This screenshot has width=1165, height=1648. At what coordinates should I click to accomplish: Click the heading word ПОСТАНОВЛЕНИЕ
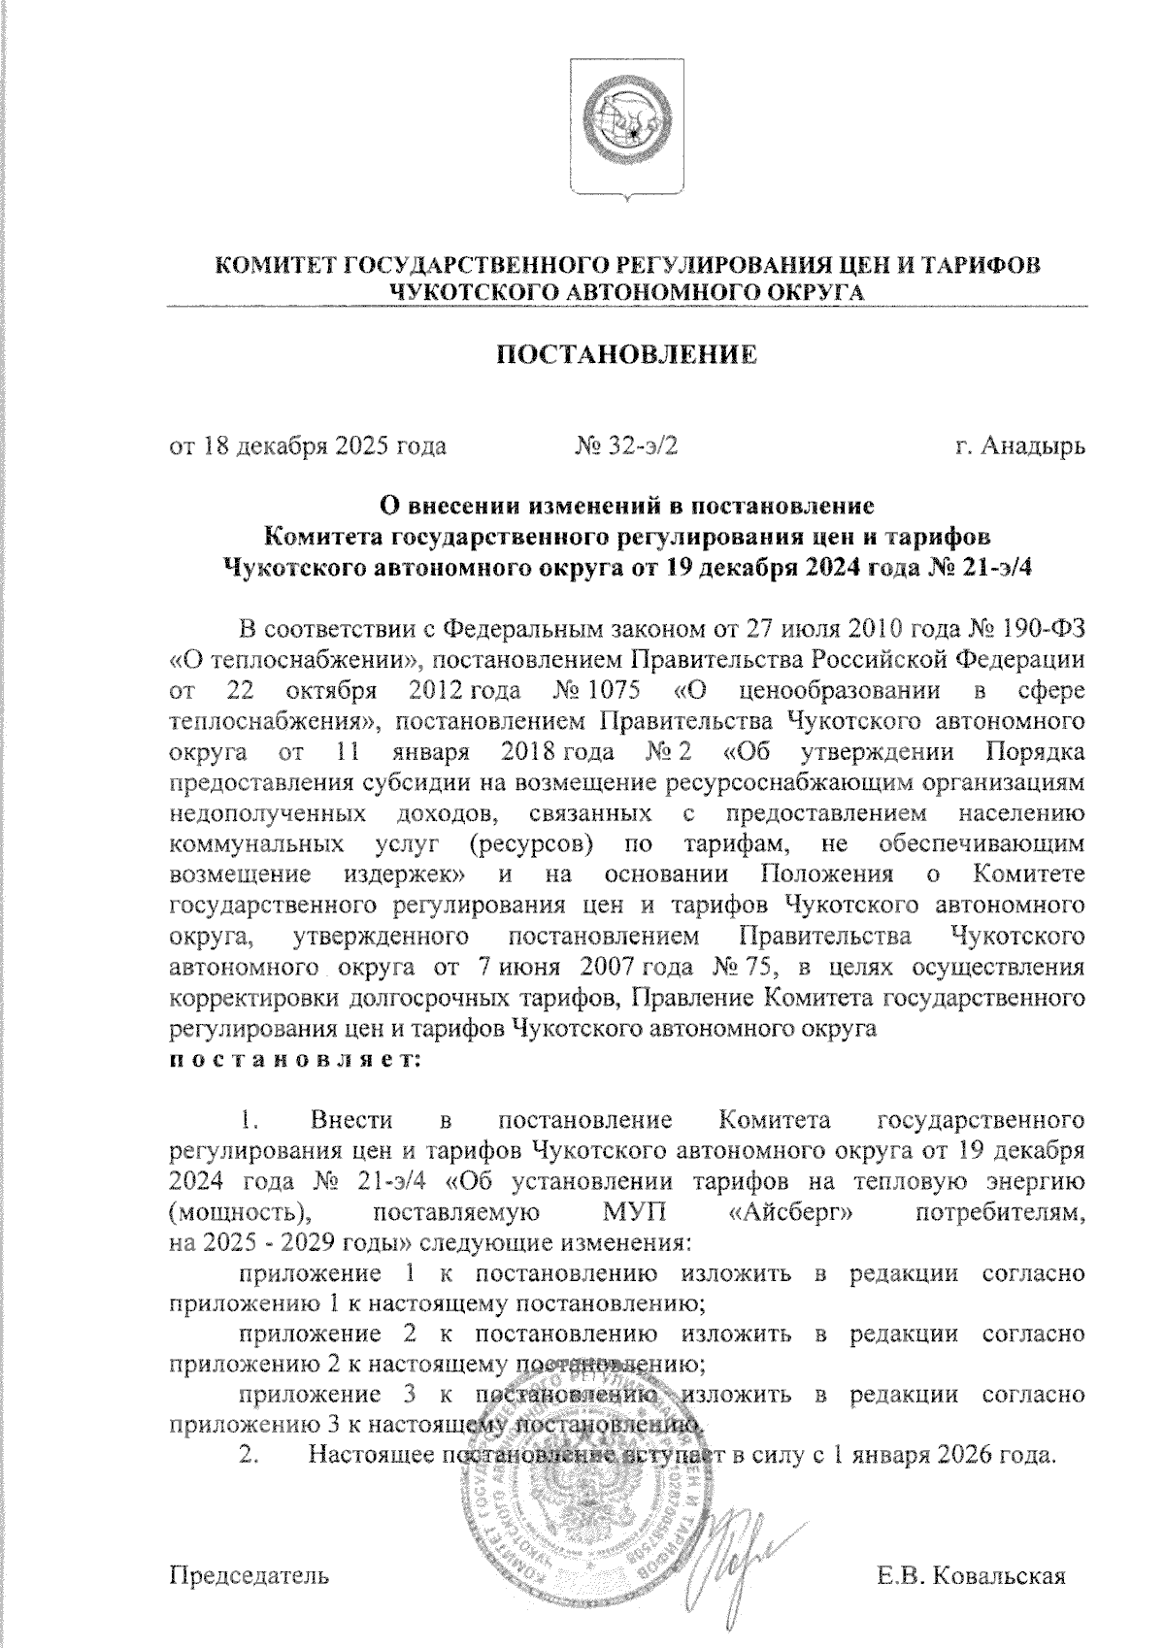pyautogui.click(x=626, y=355)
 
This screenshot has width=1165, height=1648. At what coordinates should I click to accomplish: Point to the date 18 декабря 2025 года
pyautogui.click(x=323, y=446)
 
